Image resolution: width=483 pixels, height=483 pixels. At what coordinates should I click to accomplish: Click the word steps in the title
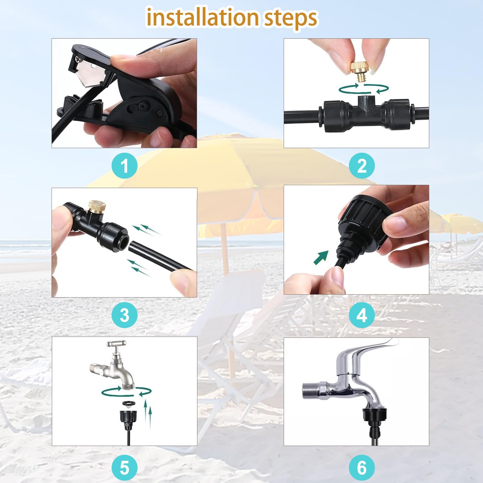click(x=290, y=19)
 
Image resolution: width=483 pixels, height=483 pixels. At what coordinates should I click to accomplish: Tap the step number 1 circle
click(x=125, y=166)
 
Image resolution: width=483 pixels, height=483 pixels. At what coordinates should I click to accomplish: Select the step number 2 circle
click(x=362, y=166)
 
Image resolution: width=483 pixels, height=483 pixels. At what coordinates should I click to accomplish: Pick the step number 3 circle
click(x=125, y=315)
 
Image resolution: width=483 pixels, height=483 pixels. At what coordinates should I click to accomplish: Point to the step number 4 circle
click(x=362, y=315)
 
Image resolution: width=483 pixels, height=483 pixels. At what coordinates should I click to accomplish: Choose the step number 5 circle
click(x=125, y=468)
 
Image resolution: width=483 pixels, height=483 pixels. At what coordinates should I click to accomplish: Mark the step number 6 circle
click(x=362, y=468)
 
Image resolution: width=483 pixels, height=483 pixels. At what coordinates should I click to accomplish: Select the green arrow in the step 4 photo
click(x=321, y=257)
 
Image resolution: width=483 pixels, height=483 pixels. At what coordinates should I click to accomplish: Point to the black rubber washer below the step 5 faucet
click(x=129, y=404)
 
